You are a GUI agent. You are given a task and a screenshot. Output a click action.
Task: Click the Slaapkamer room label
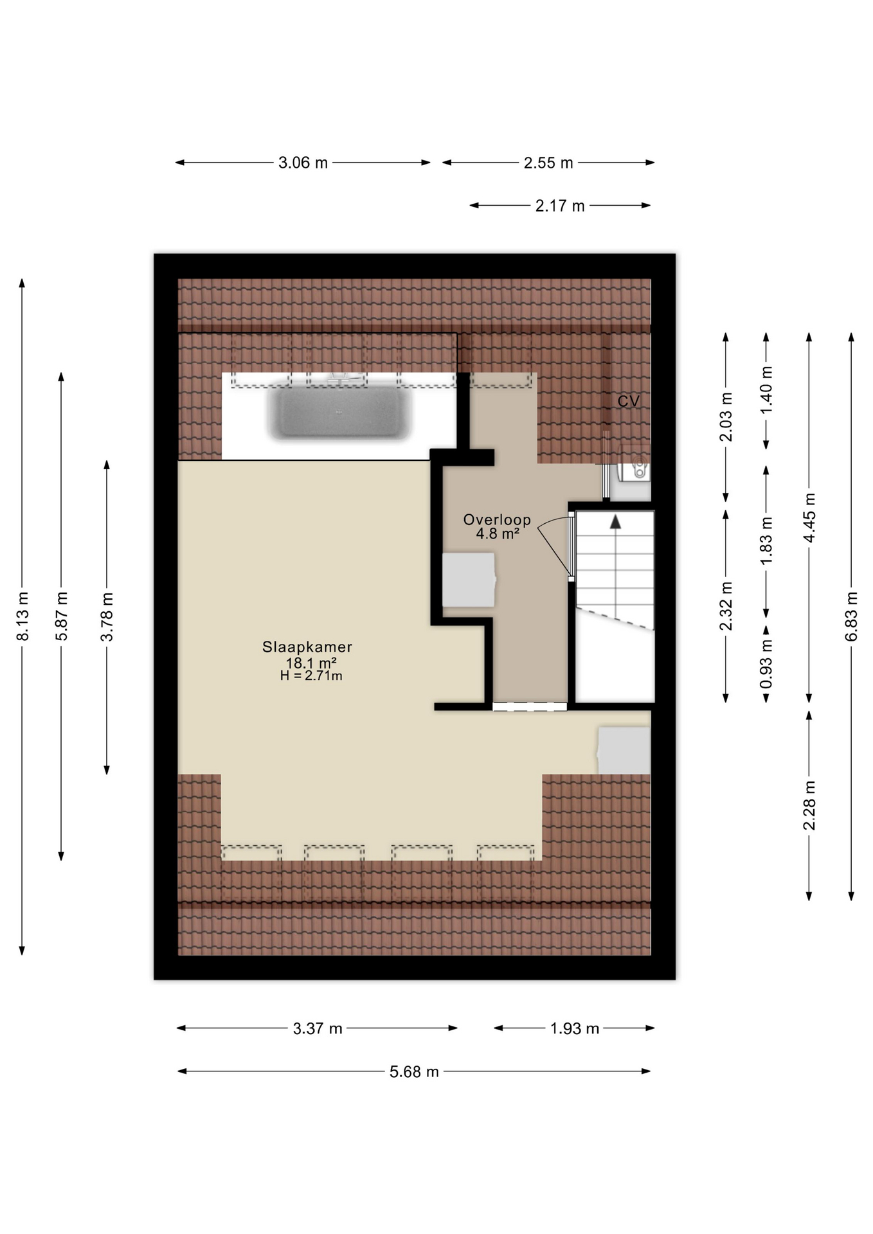(x=307, y=647)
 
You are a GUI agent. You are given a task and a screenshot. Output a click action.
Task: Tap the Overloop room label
(x=497, y=520)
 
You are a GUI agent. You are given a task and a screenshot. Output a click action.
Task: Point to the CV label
(x=628, y=401)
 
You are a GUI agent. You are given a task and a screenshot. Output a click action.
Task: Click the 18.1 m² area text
(x=311, y=663)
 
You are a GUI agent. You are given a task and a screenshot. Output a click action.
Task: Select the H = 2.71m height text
(x=311, y=675)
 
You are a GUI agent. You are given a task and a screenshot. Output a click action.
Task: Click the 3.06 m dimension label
(x=303, y=163)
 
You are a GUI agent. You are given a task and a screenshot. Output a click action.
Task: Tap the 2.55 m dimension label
(x=548, y=163)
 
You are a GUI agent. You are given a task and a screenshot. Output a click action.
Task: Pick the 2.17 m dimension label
(x=560, y=206)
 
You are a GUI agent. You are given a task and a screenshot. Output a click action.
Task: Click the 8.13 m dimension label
(x=22, y=616)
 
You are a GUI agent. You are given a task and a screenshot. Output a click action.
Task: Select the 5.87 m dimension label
(x=62, y=616)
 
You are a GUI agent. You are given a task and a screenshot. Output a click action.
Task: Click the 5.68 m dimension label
(x=414, y=1071)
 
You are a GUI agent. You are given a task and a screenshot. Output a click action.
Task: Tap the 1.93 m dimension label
(x=574, y=1028)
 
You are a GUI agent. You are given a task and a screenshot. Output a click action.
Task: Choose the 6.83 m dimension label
(x=851, y=616)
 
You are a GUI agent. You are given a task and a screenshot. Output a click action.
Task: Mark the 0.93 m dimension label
(x=766, y=663)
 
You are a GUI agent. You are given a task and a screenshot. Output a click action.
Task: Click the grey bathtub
(x=339, y=413)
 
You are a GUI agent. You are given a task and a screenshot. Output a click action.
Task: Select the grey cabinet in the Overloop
(x=469, y=580)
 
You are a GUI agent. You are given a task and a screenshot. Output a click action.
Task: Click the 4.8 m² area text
(x=498, y=533)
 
